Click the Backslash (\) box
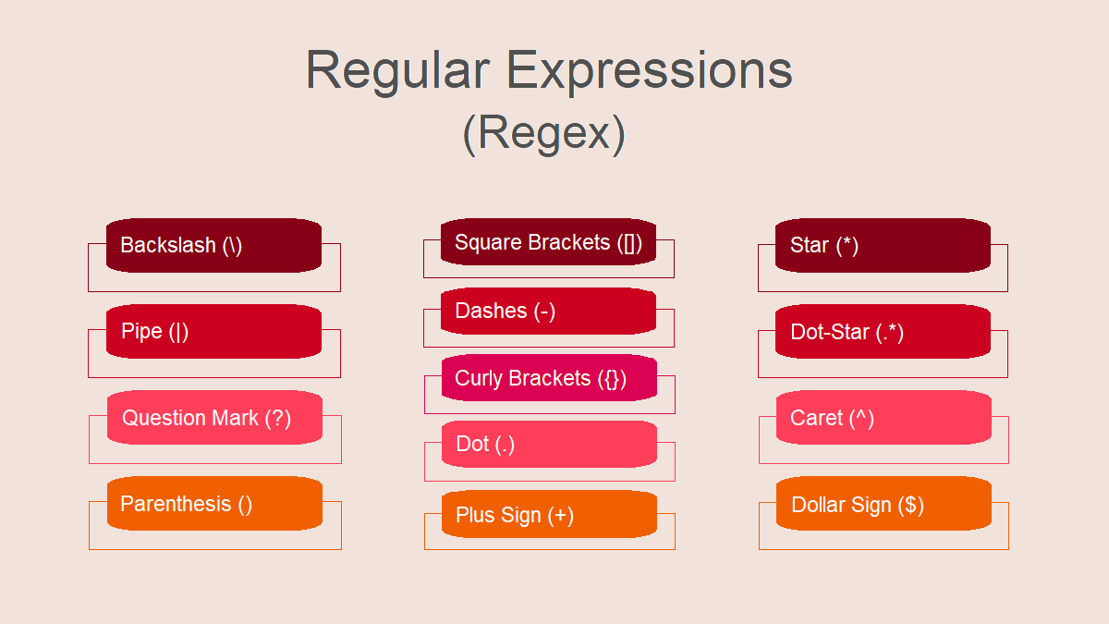point(213,245)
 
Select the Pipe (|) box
point(213,331)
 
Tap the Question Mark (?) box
point(214,418)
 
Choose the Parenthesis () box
point(214,504)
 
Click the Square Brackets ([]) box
point(549,241)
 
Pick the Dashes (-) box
point(549,311)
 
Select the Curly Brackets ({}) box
point(550,377)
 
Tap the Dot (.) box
point(550,445)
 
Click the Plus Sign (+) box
point(550,514)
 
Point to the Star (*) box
point(884,245)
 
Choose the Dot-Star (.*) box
point(884,331)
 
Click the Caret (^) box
point(884,418)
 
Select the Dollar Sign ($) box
point(884,504)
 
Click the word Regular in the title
point(398,72)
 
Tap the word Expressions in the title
point(650,72)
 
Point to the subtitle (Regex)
point(543,134)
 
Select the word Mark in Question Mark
point(236,418)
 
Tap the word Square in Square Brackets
point(488,243)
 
